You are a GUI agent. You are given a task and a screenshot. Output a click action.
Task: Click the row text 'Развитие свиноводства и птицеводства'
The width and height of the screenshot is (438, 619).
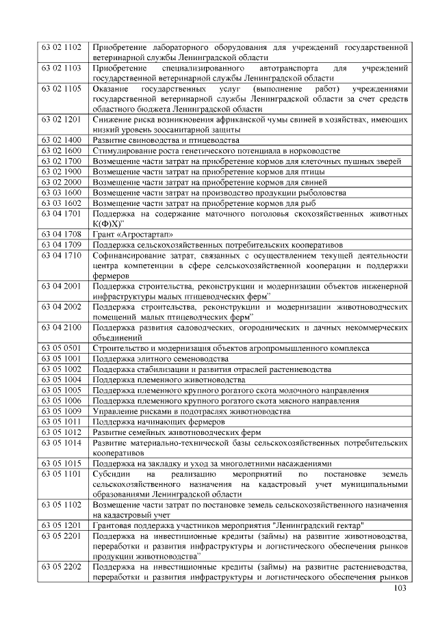point(166,140)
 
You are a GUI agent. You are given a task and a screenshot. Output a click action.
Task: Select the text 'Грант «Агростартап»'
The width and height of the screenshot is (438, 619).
point(128,234)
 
